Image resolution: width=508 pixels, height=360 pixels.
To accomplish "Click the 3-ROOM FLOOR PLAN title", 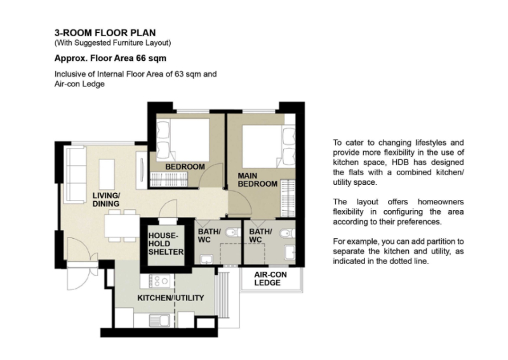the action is point(105,33).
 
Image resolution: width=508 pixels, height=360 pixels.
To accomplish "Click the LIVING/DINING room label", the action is point(106,199).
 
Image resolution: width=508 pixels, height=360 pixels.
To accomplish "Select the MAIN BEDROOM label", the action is point(258,180).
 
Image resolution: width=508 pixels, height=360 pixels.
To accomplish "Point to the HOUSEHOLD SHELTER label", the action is point(166,244).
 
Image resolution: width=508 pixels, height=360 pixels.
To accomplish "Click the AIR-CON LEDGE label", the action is point(271,279).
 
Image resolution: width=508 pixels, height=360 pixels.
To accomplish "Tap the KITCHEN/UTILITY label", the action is point(171,298).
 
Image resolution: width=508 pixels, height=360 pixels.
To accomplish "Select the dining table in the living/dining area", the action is point(122,226).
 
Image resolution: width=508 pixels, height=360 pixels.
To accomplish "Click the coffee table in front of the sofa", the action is point(107,174).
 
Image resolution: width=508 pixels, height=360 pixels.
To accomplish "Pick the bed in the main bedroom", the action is point(269,147).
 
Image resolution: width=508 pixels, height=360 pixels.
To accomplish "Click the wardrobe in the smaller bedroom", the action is point(169,180).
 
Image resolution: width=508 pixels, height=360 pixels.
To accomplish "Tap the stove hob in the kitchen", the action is point(159,281).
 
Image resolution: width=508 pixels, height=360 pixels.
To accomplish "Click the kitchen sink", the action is point(159,321).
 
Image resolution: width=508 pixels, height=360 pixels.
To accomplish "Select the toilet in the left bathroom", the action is point(233,232).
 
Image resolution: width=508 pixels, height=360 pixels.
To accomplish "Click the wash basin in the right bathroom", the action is point(290,253).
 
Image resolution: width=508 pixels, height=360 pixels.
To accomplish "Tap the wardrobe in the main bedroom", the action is point(288,198).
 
